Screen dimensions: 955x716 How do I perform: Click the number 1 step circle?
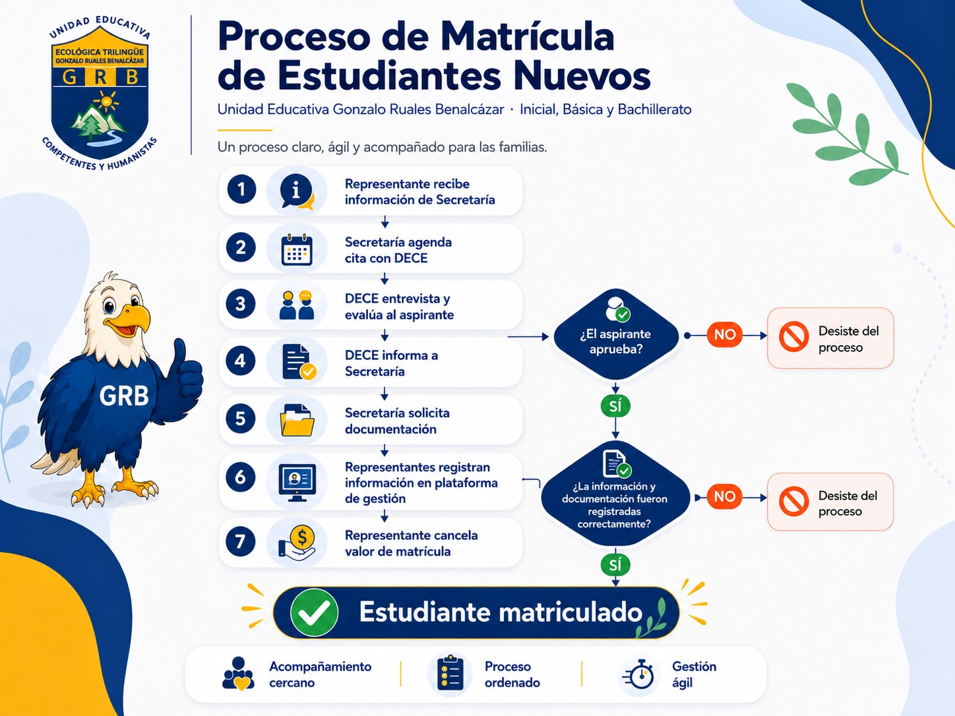click(241, 189)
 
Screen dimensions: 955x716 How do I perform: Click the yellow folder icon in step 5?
click(297, 420)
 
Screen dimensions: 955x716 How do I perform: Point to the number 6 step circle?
click(241, 477)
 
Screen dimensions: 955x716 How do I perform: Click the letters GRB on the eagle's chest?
click(124, 396)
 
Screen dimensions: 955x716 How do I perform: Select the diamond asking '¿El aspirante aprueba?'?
click(615, 335)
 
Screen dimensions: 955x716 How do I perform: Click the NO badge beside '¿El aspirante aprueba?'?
click(725, 334)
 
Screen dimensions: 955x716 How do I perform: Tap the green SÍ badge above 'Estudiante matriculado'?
click(615, 565)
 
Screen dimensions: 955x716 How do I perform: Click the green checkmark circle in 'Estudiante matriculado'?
click(314, 612)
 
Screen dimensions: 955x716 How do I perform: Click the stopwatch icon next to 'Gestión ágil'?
click(638, 674)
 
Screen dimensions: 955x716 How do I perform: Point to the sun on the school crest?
click(106, 102)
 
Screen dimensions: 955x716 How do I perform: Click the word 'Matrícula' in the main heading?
click(528, 36)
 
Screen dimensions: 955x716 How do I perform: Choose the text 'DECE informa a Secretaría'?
click(392, 363)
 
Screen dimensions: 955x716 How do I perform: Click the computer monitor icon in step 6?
click(297, 483)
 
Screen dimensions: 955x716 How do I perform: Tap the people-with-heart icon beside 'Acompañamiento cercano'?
click(239, 674)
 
